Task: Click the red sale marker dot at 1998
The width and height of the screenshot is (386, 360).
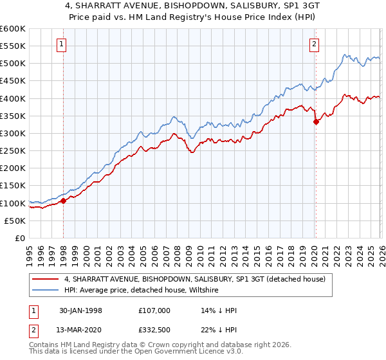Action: coord(64,201)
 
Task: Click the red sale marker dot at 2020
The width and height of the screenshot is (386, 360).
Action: coord(316,122)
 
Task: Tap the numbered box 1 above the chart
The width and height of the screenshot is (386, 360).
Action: coord(61,44)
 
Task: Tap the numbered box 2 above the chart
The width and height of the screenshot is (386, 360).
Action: coord(313,44)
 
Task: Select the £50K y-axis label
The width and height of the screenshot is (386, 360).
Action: coord(15,221)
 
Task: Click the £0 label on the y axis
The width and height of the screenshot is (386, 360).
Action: coord(19,238)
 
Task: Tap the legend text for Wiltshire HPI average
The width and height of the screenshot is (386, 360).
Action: coord(142,291)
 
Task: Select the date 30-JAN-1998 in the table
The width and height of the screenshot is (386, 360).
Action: coord(80,310)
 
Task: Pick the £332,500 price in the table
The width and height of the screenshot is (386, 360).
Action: coord(155,331)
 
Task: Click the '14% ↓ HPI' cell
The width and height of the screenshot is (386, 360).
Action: coord(219,310)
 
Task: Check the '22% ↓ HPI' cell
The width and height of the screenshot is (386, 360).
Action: coord(219,331)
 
